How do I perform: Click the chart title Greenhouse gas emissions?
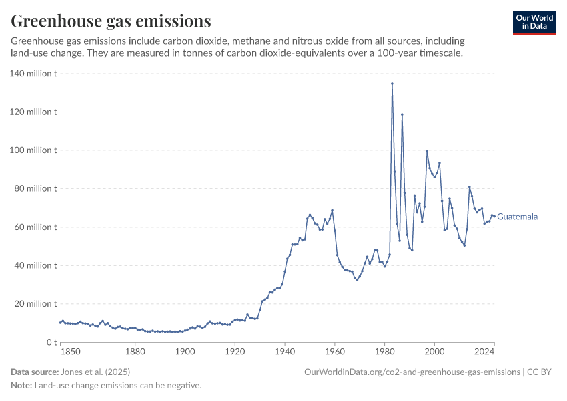[x=111, y=21]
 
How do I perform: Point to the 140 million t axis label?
[x=33, y=74]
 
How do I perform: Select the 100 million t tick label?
[x=33, y=150]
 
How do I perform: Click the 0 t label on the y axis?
[x=49, y=342]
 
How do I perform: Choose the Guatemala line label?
[x=518, y=217]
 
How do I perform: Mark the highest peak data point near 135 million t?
[x=392, y=84]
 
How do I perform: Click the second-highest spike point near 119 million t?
[x=402, y=114]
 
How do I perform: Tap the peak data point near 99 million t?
[x=427, y=152]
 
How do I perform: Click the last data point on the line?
[x=494, y=216]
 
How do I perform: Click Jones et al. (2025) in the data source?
[x=95, y=372]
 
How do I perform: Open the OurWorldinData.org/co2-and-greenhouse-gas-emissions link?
[x=412, y=372]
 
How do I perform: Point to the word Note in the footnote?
[x=21, y=386]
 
